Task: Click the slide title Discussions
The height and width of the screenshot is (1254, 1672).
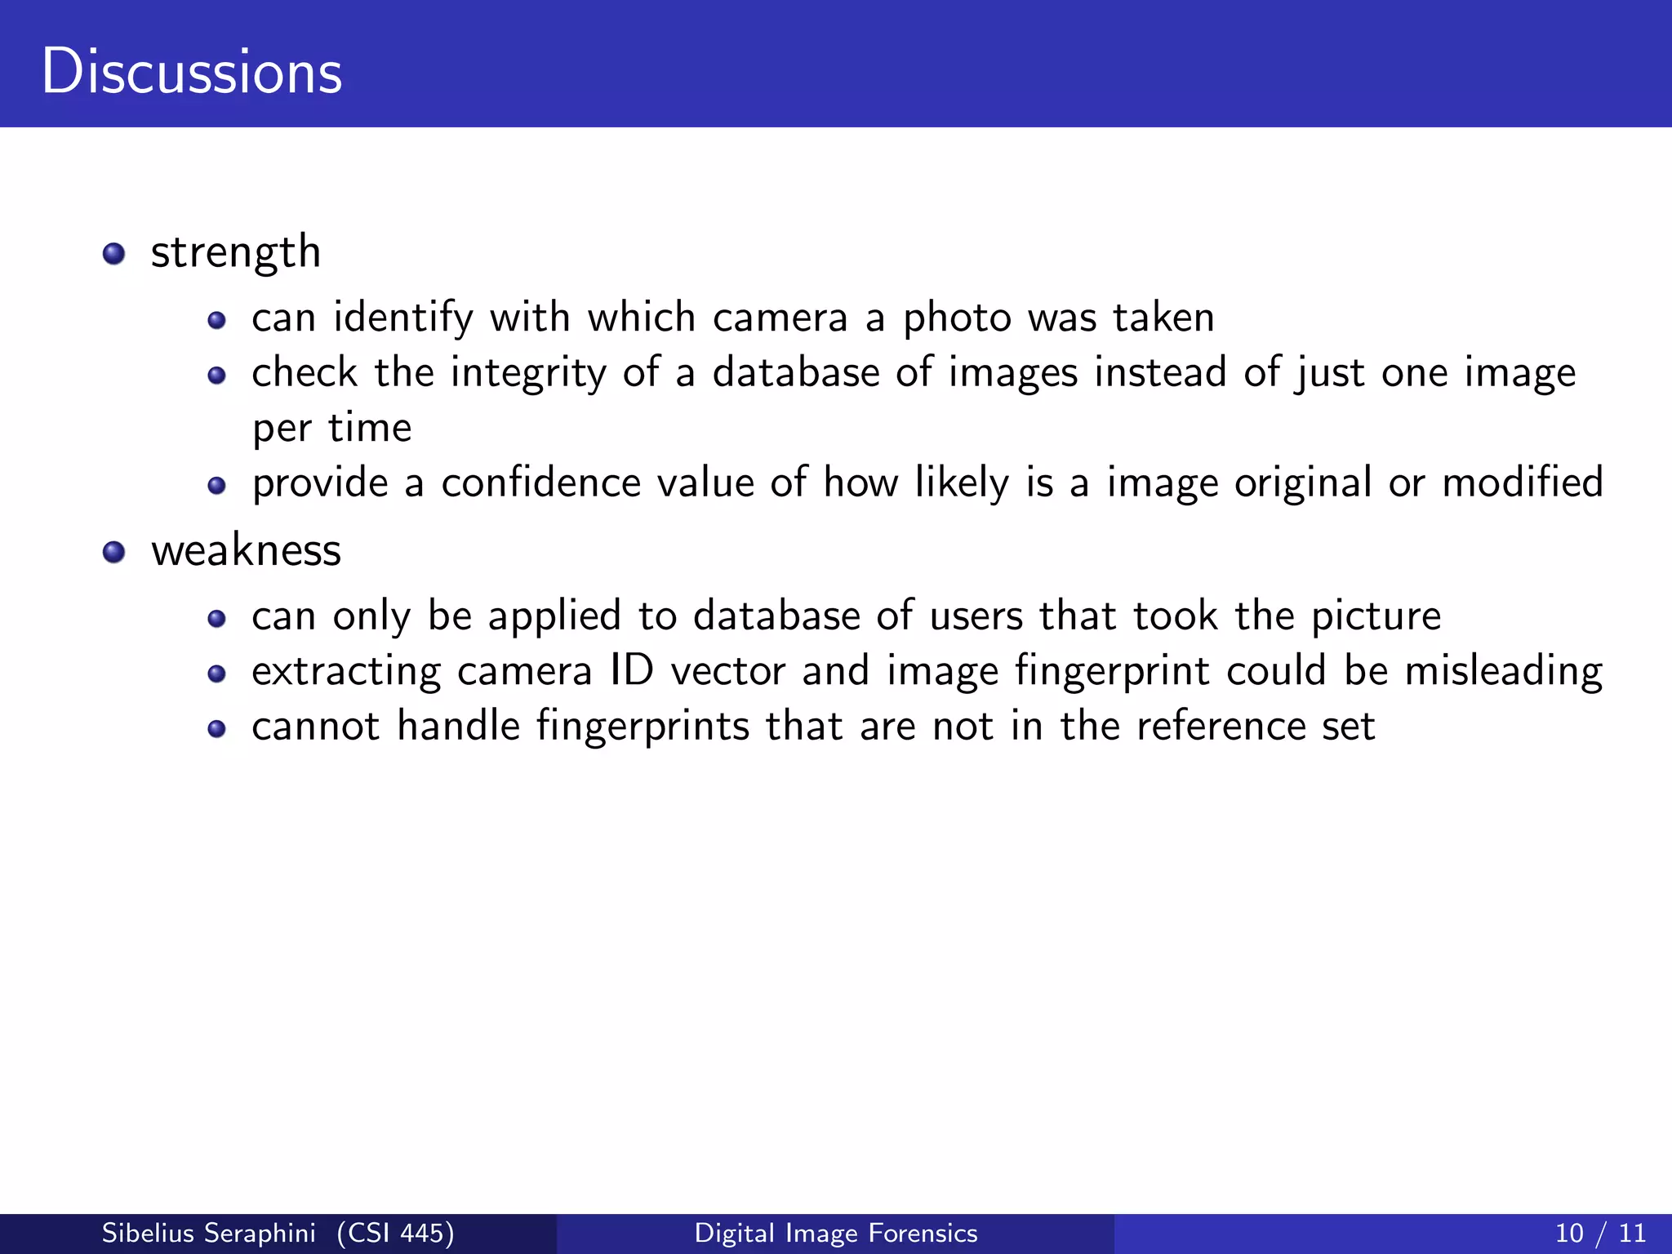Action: pos(192,72)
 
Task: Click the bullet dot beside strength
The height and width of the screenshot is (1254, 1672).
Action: pos(114,253)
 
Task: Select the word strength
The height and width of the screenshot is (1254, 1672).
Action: pos(236,252)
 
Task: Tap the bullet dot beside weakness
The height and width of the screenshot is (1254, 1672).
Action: pos(114,552)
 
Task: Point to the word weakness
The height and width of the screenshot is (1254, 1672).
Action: pos(246,550)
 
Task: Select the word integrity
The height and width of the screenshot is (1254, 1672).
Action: pos(528,374)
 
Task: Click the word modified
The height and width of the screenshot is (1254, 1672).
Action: pos(1523,482)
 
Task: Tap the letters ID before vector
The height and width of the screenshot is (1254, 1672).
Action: pos(632,671)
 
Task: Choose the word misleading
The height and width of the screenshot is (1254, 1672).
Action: pos(1504,672)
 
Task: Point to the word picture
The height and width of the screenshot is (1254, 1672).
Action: pos(1376,616)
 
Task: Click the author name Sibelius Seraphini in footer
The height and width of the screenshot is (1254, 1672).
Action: pos(208,1233)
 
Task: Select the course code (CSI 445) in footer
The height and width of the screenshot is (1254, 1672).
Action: pos(395,1233)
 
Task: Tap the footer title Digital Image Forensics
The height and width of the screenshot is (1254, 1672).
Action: pos(836,1233)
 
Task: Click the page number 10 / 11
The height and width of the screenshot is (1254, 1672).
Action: pos(1600,1233)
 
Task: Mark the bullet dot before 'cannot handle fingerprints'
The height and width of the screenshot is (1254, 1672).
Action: pos(216,728)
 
